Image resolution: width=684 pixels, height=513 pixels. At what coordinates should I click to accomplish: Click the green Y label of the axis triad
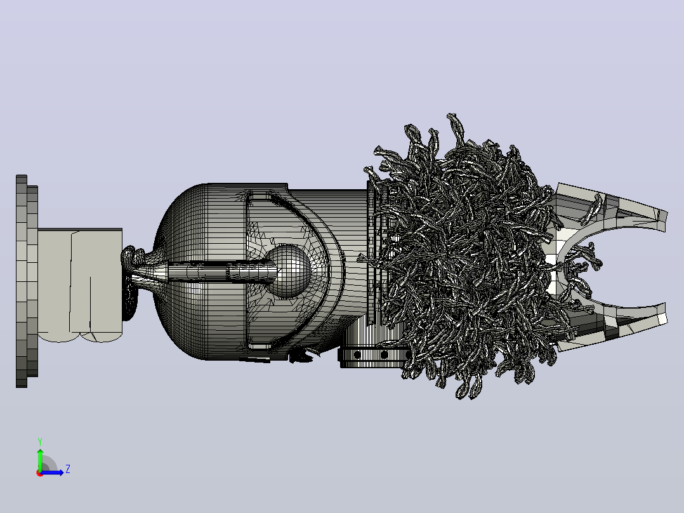40,442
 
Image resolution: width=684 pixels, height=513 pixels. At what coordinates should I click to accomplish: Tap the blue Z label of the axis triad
68,469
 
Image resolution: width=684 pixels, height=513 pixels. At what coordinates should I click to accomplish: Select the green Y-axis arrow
40,460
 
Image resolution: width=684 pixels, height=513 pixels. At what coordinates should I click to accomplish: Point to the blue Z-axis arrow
52,472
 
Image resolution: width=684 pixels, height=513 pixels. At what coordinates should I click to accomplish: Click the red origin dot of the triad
39,473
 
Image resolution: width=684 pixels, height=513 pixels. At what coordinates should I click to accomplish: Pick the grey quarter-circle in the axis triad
49,463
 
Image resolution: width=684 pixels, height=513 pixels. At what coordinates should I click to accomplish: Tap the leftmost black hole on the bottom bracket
357,355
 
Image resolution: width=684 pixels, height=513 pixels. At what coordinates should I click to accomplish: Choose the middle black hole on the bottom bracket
384,355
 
